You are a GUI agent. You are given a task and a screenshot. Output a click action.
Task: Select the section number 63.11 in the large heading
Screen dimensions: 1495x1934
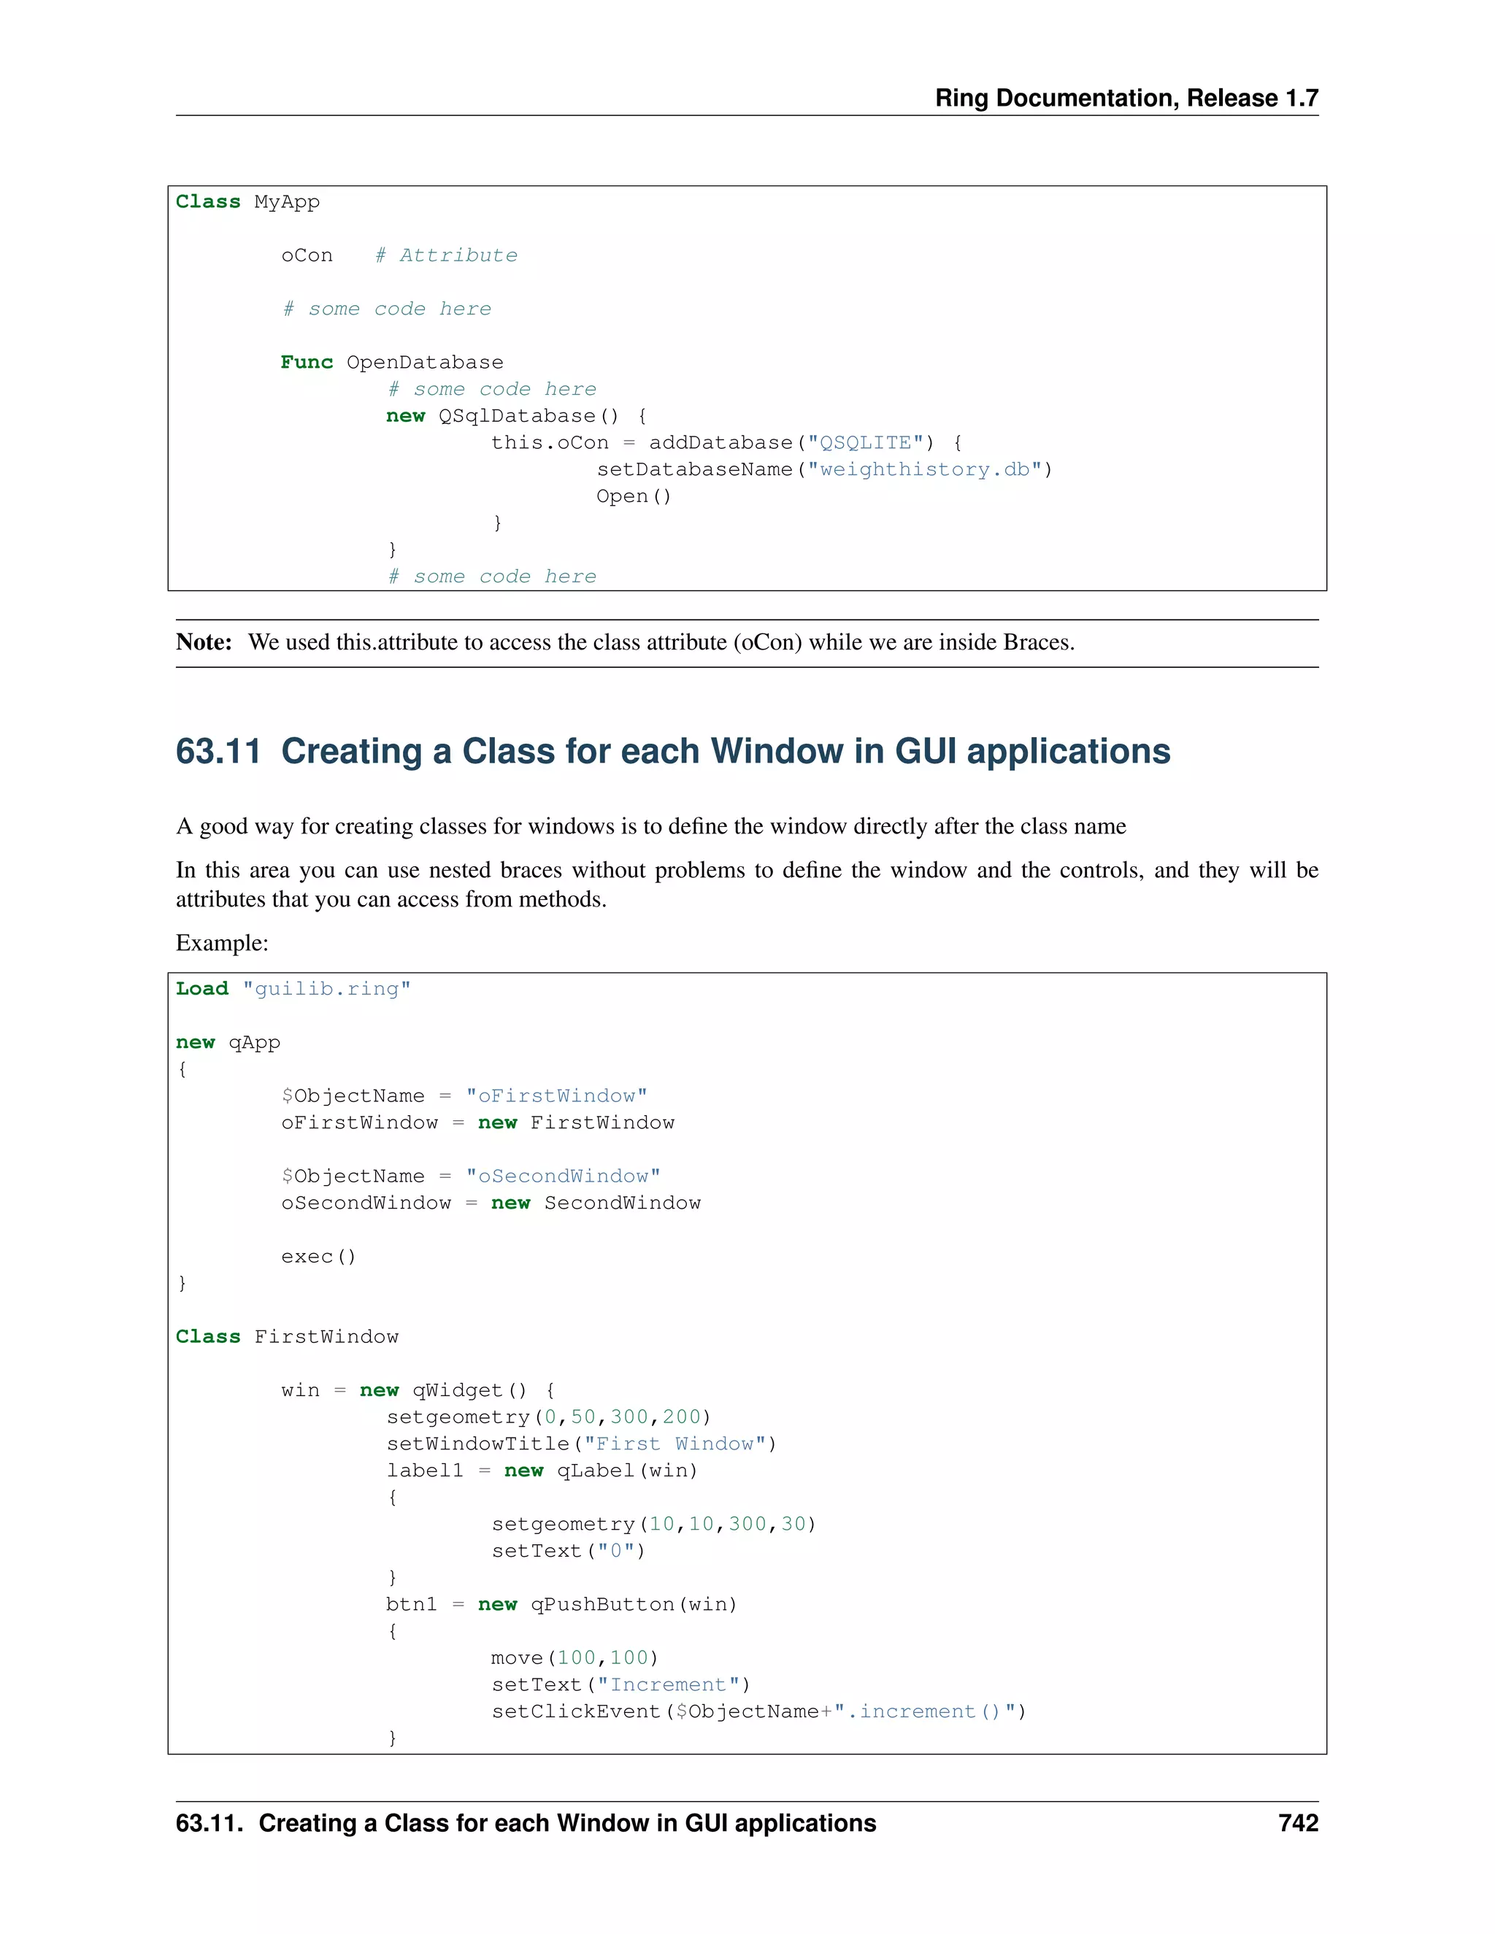point(218,751)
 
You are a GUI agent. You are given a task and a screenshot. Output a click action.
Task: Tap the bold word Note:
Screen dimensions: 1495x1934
point(204,642)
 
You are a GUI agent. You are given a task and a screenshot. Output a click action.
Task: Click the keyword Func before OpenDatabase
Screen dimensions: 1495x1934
point(307,362)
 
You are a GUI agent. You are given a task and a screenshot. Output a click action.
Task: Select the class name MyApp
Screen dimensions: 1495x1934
point(287,202)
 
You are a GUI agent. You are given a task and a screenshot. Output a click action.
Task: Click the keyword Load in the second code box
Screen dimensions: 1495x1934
point(202,988)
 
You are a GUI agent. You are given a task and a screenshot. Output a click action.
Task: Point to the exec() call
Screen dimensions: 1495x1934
point(318,1256)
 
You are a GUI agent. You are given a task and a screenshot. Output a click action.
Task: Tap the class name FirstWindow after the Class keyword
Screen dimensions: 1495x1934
point(326,1336)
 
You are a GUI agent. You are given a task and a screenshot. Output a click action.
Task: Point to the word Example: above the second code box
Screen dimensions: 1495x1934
point(221,942)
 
